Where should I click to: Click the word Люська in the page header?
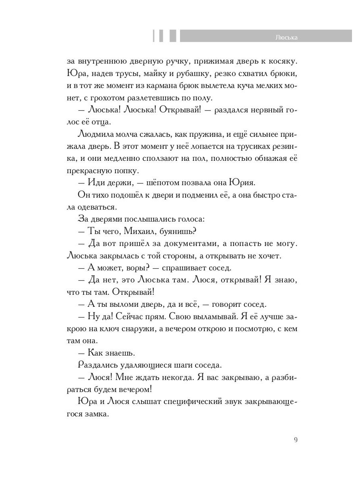(x=287, y=38)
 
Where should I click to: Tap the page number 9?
(x=296, y=440)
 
